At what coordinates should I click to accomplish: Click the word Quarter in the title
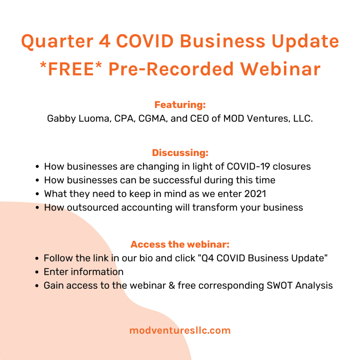point(57,42)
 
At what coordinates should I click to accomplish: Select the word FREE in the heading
point(71,69)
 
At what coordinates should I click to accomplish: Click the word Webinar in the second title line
point(280,69)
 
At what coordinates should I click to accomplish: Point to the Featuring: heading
point(180,105)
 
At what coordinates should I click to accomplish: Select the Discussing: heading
point(180,153)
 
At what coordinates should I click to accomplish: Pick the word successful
point(177,180)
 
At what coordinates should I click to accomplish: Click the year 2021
point(255,194)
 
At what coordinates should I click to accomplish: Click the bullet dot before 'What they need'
point(37,194)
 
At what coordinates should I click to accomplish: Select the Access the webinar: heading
point(180,244)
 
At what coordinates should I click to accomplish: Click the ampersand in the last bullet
point(172,285)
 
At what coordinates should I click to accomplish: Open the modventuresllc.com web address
point(180,330)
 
